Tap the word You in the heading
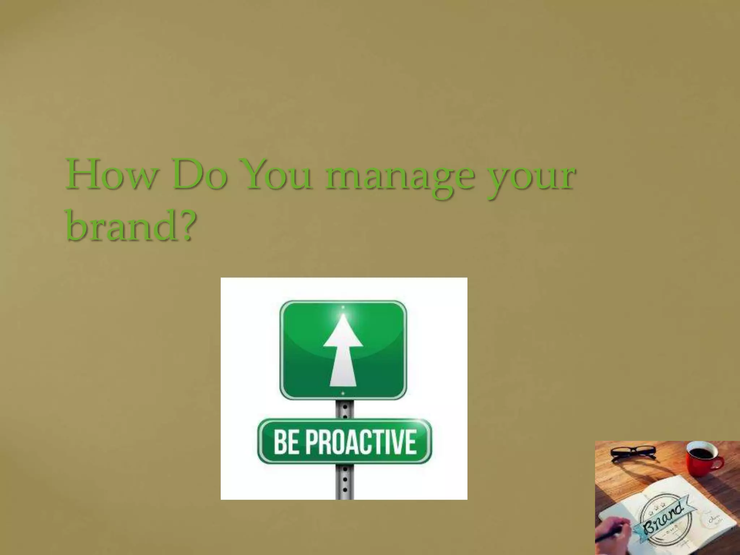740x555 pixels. [277, 176]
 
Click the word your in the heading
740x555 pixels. [531, 179]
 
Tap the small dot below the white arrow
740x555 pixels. [343, 393]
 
